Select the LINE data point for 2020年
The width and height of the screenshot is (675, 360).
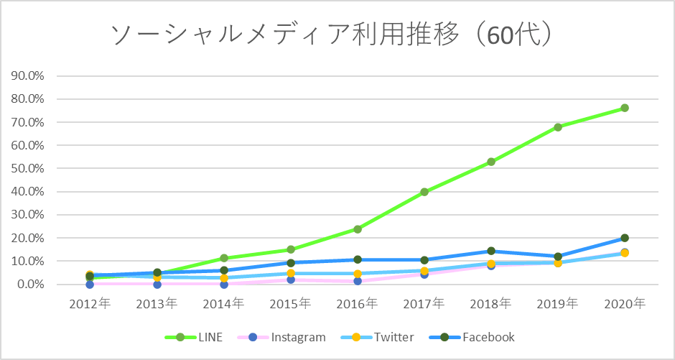[625, 108]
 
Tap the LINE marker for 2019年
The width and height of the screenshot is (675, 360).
[558, 127]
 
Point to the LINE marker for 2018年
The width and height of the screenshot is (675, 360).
[491, 162]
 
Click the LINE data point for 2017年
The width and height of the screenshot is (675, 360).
[424, 192]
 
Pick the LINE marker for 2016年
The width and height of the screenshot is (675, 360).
[358, 229]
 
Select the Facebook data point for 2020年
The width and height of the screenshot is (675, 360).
[625, 238]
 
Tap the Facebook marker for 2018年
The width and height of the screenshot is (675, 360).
[491, 251]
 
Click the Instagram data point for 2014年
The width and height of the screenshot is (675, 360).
[224, 285]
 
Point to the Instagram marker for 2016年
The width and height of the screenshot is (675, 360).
[358, 281]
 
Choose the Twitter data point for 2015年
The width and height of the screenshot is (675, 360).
[291, 273]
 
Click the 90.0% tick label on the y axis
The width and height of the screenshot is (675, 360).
[28, 76]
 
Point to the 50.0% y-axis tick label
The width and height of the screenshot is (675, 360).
[28, 169]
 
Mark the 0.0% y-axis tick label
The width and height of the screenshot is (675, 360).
[30, 285]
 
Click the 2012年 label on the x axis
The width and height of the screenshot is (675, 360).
[90, 304]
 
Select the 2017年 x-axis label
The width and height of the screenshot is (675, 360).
[424, 304]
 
